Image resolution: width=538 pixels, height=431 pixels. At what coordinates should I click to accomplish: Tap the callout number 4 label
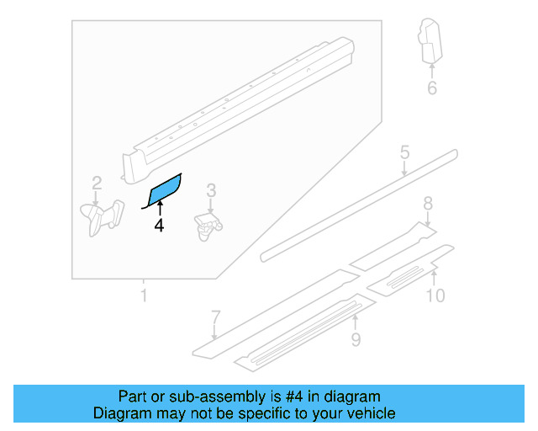159,226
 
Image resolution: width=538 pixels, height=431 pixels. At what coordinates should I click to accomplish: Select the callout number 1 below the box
144,295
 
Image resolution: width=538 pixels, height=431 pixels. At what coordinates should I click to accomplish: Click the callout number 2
97,182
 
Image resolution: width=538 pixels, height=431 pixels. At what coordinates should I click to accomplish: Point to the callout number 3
212,191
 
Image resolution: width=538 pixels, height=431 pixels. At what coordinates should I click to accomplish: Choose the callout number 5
404,153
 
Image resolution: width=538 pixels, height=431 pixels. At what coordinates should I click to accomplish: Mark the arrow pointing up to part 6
432,69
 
